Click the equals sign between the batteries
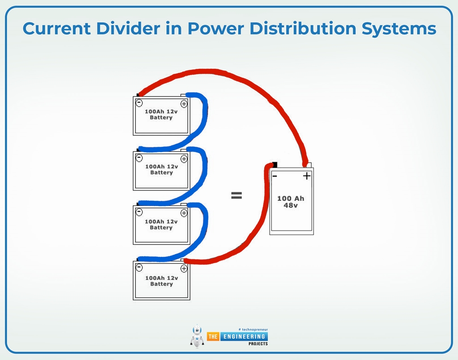(x=236, y=195)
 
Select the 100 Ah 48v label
(x=291, y=202)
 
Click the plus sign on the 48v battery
(x=306, y=176)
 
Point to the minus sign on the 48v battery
(x=275, y=176)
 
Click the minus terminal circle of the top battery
(x=139, y=103)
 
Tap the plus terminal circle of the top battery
(x=184, y=103)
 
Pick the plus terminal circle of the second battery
(x=184, y=159)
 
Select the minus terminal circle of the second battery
(x=139, y=158)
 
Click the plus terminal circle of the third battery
(x=184, y=213)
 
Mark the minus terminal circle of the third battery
(x=139, y=212)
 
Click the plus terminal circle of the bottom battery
(x=184, y=268)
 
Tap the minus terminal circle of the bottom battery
(x=139, y=267)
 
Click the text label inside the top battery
(x=161, y=114)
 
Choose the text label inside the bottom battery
(x=161, y=281)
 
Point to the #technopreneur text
(x=253, y=329)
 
